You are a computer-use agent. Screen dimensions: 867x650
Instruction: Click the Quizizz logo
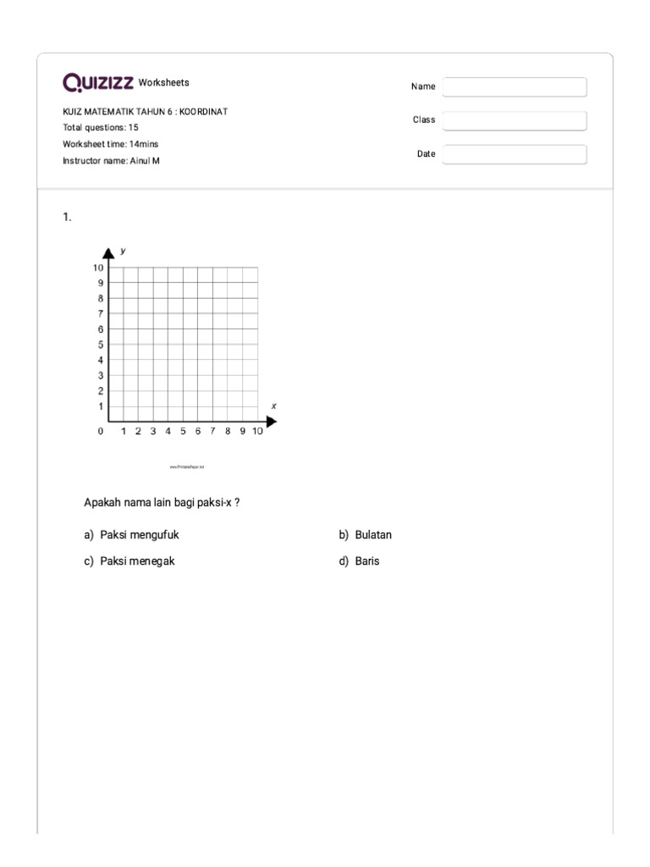(x=97, y=82)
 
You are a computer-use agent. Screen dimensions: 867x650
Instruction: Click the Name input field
(x=515, y=87)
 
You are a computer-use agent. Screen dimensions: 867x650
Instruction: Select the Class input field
(x=515, y=121)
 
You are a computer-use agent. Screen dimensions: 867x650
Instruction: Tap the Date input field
(x=515, y=154)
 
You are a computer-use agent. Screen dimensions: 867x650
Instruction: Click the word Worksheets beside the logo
(x=164, y=83)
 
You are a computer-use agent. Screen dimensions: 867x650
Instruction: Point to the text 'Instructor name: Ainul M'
(x=111, y=160)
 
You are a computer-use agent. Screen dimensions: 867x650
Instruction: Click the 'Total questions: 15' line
(x=101, y=128)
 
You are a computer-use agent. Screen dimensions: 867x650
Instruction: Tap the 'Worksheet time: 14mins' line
(x=111, y=144)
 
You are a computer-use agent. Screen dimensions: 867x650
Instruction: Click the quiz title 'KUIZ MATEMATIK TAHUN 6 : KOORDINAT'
(x=146, y=112)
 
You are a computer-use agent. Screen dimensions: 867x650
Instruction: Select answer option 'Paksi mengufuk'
(x=139, y=535)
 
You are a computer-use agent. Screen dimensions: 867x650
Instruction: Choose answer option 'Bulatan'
(x=373, y=535)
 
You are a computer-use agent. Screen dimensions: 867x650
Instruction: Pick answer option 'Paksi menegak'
(x=137, y=561)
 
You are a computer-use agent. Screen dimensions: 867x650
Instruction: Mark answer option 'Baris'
(x=367, y=561)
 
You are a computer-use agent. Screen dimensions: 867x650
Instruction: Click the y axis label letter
(x=124, y=251)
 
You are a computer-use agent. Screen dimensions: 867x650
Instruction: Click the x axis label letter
(x=273, y=406)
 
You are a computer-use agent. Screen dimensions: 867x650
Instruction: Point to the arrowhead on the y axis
(x=109, y=252)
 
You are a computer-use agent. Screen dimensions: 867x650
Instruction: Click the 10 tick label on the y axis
(x=98, y=268)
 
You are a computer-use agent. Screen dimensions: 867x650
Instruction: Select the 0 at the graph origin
(x=101, y=432)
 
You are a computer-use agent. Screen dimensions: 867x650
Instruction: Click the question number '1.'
(x=67, y=218)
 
